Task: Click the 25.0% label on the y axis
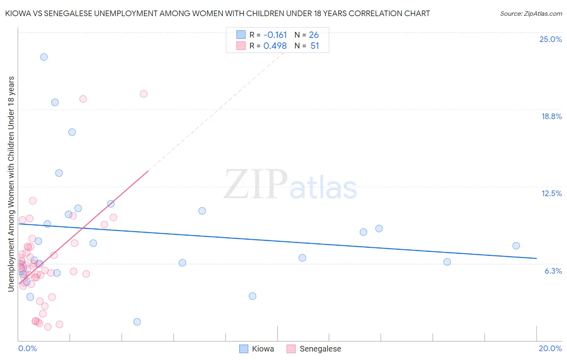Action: (550, 39)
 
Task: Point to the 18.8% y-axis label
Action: (551, 116)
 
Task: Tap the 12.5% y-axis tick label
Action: (551, 193)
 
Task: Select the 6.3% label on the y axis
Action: (553, 271)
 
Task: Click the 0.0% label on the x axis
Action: (27, 348)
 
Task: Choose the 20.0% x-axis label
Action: (550, 348)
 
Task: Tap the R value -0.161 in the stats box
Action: (275, 35)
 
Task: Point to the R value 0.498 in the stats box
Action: (275, 46)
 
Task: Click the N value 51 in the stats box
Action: (315, 46)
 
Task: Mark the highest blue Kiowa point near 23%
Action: (44, 57)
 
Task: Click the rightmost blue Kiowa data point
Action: (516, 246)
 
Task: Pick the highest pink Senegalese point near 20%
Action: (144, 94)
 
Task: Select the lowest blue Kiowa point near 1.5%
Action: (137, 322)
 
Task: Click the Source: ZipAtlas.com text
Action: (531, 14)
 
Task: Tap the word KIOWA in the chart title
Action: (18, 13)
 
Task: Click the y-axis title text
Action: (11, 184)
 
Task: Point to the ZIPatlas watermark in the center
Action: (290, 185)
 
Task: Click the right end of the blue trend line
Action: (536, 258)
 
